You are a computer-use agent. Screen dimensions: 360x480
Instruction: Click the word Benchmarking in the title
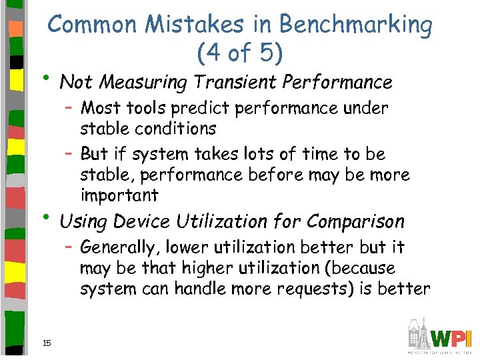pos(355,25)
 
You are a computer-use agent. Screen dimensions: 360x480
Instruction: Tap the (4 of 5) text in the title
pos(241,52)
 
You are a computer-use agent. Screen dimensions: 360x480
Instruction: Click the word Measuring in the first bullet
pos(135,83)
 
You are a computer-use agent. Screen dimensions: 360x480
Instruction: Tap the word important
pos(119,195)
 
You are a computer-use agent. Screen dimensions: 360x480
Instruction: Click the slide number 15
pos(47,343)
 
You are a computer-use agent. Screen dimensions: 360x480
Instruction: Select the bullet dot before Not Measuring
pos(51,81)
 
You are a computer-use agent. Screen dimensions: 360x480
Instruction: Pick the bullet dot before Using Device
pos(51,219)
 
